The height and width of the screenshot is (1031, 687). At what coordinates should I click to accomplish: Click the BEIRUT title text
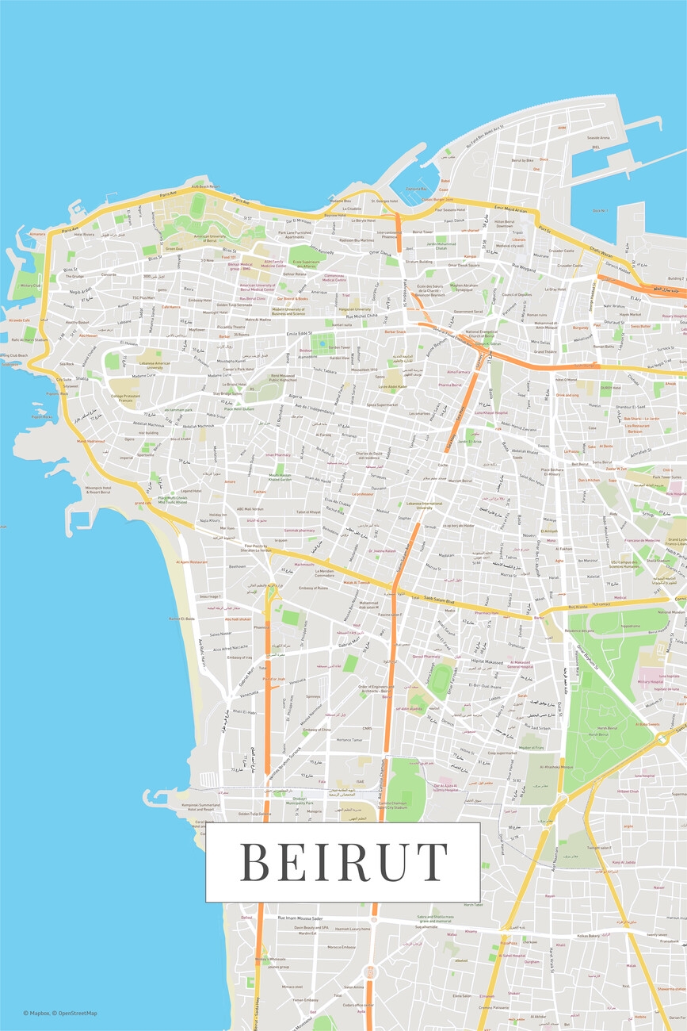[x=343, y=862]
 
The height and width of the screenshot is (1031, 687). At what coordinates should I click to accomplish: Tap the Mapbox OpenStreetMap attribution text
[x=60, y=1013]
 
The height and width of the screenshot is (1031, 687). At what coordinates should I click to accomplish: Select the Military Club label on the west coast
[x=30, y=286]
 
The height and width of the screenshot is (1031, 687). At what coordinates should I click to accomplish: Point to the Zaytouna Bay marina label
[x=416, y=190]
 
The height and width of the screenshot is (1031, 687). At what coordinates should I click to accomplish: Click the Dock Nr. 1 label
[x=600, y=210]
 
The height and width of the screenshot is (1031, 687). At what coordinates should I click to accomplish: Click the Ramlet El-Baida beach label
[x=181, y=619]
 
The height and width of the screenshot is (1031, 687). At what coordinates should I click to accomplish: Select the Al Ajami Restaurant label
[x=193, y=561]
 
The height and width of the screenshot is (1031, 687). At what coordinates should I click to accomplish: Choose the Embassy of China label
[x=316, y=730]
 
